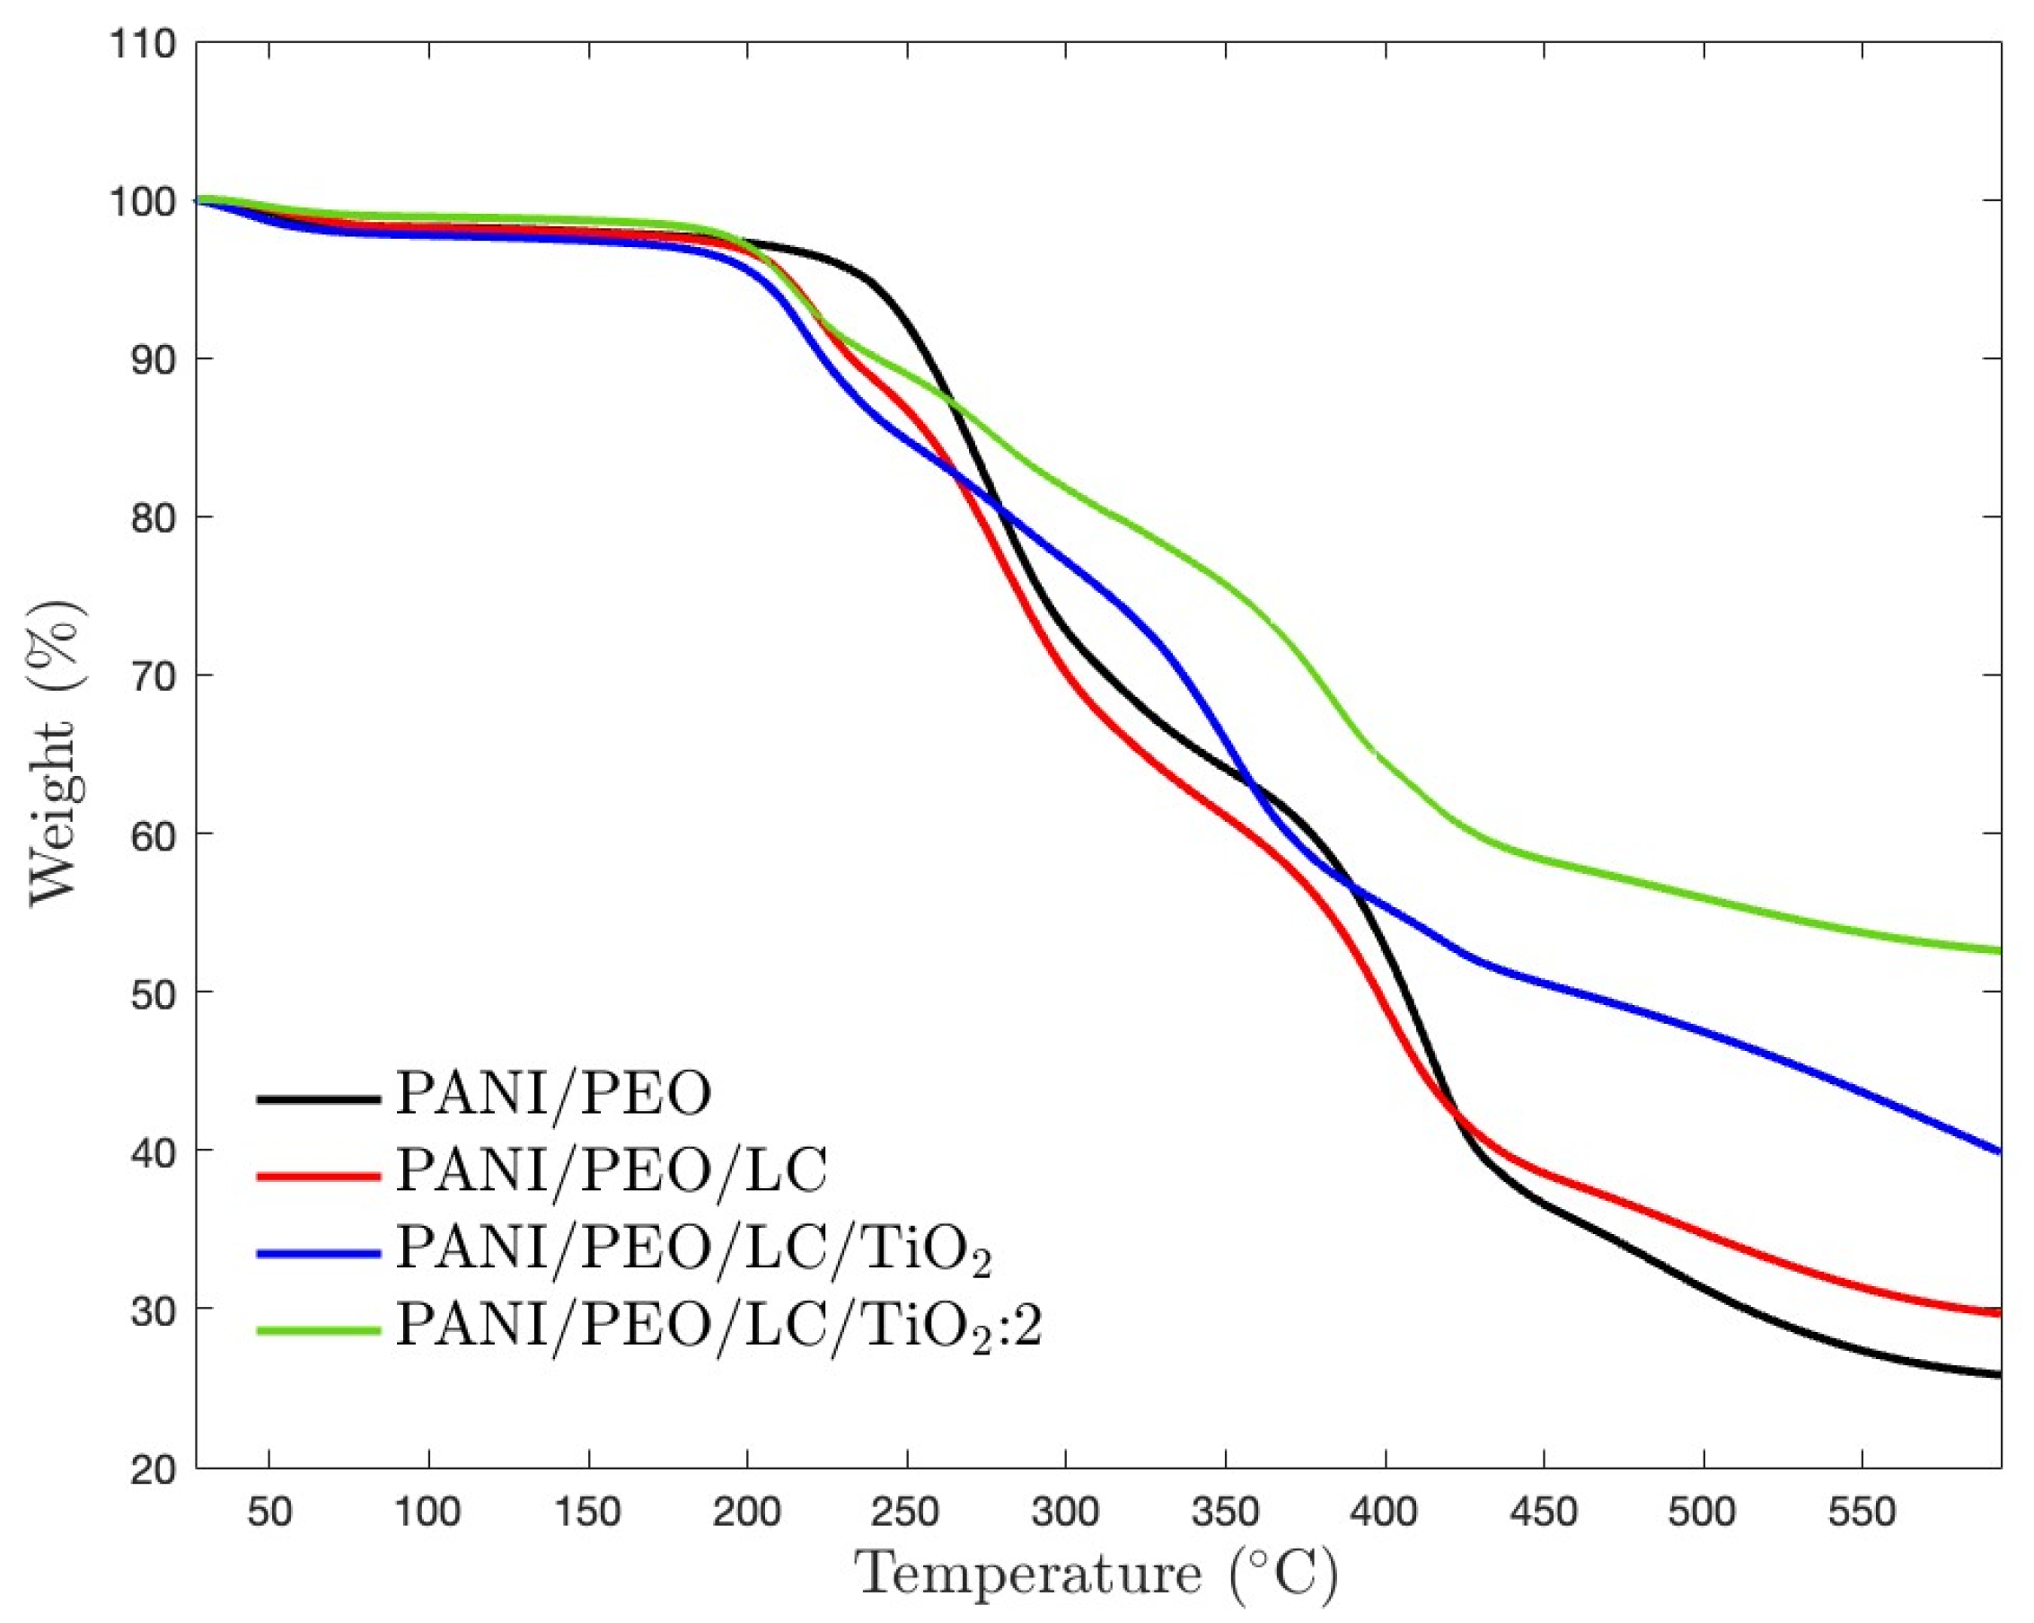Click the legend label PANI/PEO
pos(553,1095)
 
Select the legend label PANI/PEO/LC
pos(612,1171)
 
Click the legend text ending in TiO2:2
pos(718,1327)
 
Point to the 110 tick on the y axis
pos(142,43)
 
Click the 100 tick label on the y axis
pos(142,201)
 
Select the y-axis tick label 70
pos(153,675)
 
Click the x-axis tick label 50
pos(269,1513)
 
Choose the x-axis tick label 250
pos(906,1513)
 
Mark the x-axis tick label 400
pos(1383,1513)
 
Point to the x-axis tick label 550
pos(1862,1513)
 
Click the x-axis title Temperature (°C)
pos(1096,1573)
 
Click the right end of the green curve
pos(1998,950)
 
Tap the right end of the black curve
pos(1998,1375)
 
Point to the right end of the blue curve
pos(1998,1151)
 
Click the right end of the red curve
pos(1998,1312)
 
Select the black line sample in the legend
pos(318,1098)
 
